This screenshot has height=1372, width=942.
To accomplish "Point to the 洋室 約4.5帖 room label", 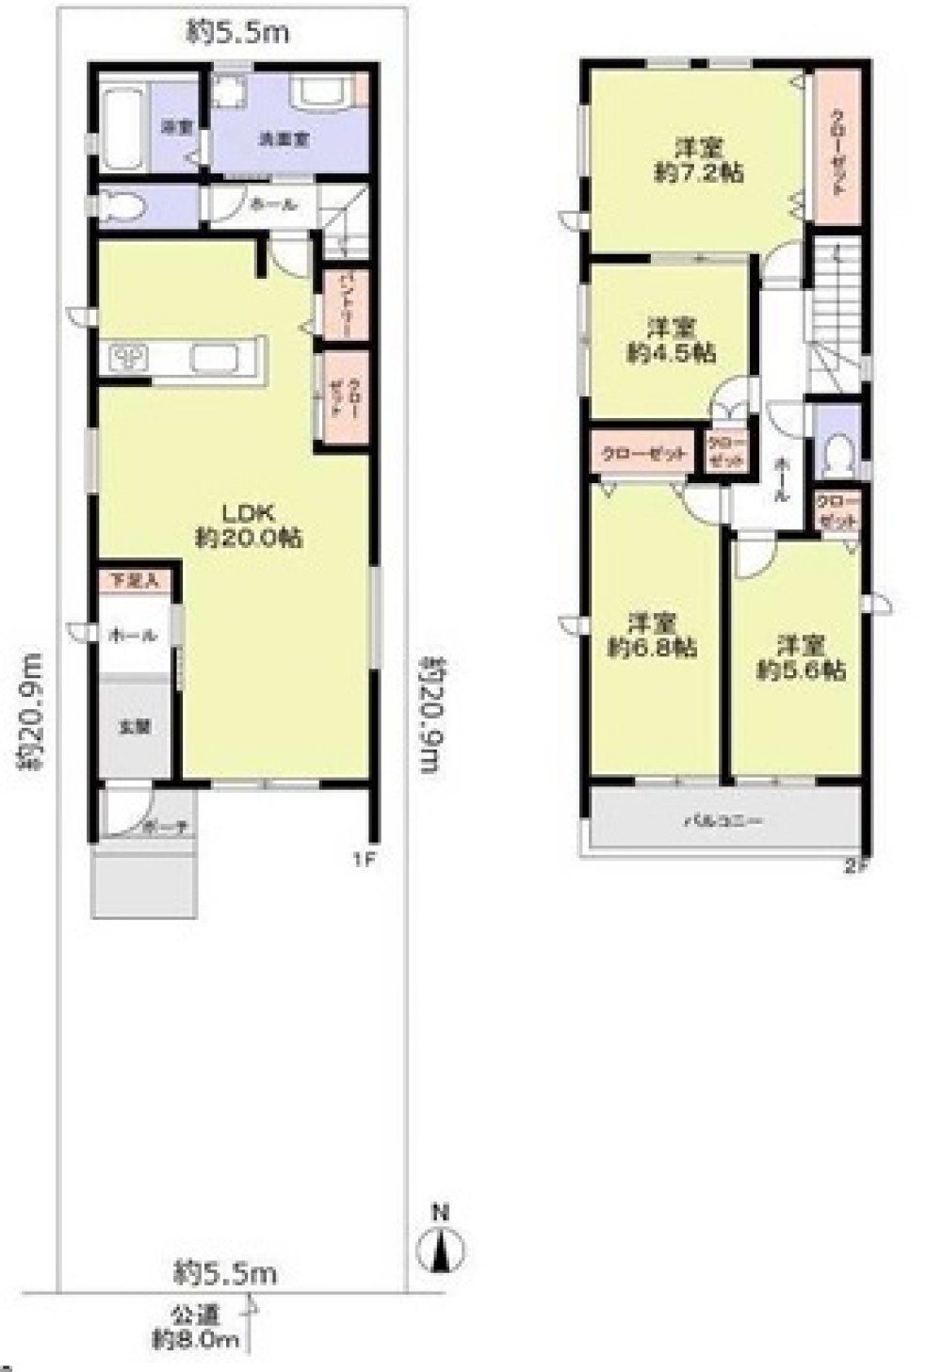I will [x=671, y=340].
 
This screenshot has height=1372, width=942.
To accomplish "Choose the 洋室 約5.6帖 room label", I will [x=801, y=657].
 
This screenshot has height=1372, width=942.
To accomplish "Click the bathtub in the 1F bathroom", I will [x=120, y=128].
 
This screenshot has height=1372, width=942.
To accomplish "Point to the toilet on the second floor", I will [x=834, y=458].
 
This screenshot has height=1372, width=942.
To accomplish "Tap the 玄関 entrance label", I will [x=134, y=727].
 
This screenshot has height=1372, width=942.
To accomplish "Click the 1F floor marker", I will [x=365, y=859].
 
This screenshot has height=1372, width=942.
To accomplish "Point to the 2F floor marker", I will [x=854, y=866].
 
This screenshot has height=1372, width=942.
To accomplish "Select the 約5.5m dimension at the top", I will [x=237, y=34].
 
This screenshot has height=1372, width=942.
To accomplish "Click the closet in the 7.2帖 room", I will [x=836, y=151].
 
